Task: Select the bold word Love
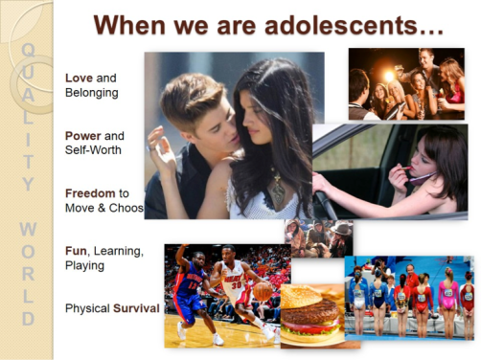coord(80,78)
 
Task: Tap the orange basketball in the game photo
coord(262,290)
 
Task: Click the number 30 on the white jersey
coord(235,284)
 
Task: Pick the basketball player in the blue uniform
coord(191,292)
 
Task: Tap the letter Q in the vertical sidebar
coord(28,49)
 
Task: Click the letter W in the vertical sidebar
coord(28,230)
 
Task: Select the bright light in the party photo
coord(392,73)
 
